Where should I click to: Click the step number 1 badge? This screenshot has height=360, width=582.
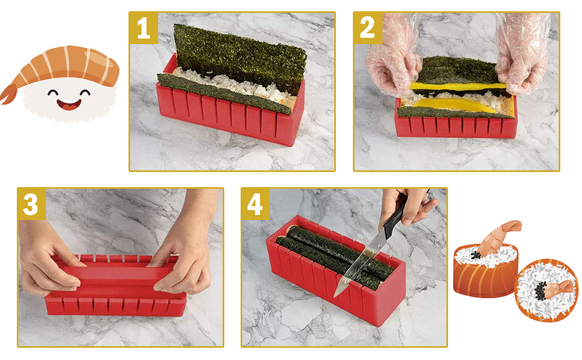(143, 28)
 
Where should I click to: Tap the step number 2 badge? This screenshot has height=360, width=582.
(368, 28)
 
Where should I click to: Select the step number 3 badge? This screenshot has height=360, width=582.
(32, 204)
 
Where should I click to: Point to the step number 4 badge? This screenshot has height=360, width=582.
(255, 204)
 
